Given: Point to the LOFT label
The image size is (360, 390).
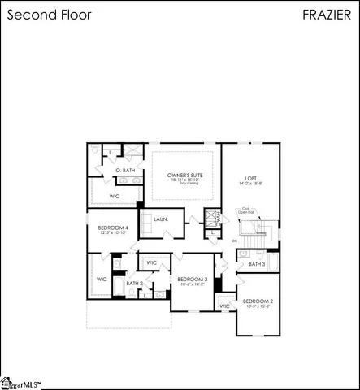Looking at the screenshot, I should pos(252,179).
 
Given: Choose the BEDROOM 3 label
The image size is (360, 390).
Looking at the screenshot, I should pos(193,279).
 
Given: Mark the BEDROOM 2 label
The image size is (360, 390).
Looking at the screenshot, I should pos(258,301).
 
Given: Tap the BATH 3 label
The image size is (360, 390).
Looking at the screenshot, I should pos(256,263).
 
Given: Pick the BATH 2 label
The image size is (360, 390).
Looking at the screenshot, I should pos(135,283).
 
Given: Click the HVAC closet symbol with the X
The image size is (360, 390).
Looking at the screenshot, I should pos(213,219).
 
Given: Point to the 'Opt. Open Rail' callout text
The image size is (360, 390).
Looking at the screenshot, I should pos(245,210).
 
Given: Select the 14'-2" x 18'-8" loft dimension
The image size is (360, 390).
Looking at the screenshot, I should pos(252,184).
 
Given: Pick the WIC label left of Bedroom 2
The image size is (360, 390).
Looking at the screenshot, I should pos(224,306).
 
